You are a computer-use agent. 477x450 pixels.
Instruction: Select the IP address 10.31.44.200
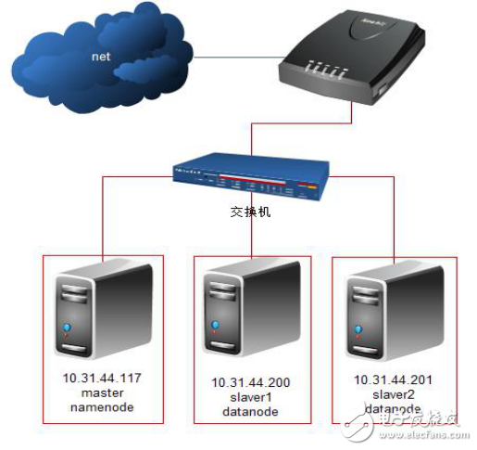pos(248,383)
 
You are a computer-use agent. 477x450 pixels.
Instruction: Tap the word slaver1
pos(248,398)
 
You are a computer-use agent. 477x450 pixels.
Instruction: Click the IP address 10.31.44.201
pos(393,380)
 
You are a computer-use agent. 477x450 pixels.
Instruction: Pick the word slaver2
pos(393,395)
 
